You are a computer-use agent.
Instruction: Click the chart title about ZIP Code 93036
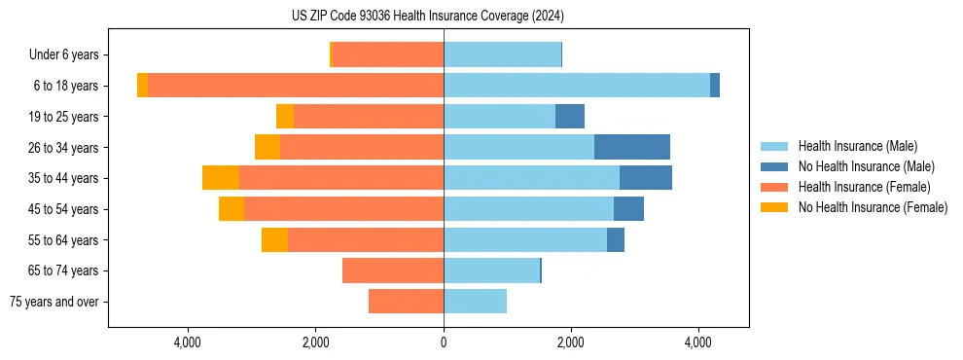point(428,17)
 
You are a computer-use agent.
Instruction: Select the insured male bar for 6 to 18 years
point(576,86)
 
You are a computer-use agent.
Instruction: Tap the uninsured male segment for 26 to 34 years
point(631,147)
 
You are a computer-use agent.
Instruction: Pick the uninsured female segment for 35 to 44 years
point(221,178)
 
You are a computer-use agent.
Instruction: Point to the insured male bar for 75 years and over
point(475,302)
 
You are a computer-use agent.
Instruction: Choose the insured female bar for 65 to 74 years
point(393,270)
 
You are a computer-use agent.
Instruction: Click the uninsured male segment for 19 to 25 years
point(570,117)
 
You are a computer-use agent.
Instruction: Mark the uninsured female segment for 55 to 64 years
point(274,239)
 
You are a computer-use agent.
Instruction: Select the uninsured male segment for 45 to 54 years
point(628,209)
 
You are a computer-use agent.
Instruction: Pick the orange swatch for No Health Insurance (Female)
point(774,207)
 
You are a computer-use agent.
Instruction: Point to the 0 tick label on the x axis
point(444,342)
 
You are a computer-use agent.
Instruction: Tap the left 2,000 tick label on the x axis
point(315,342)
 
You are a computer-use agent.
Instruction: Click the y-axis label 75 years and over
point(53,302)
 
